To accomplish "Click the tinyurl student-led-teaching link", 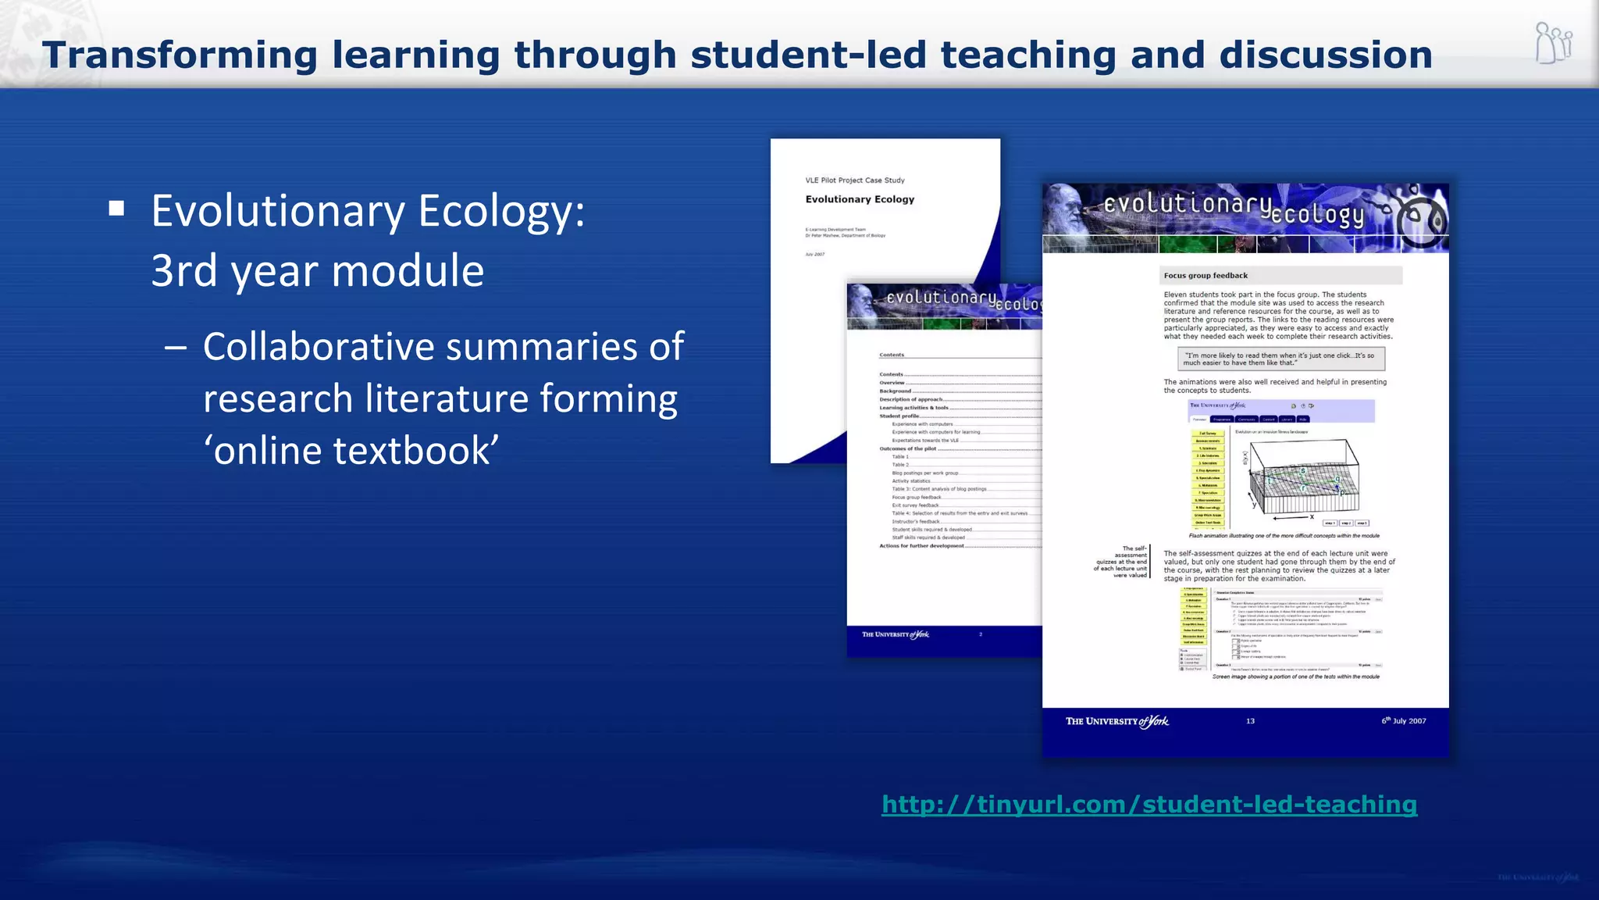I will coord(1149,804).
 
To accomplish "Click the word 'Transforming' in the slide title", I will coord(180,55).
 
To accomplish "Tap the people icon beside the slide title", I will coord(1553,44).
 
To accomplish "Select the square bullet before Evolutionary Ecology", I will coord(117,208).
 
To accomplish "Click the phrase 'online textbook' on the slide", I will coord(351,451).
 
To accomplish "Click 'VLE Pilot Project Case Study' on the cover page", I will coord(855,180).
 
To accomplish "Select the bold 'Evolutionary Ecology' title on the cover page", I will coord(860,199).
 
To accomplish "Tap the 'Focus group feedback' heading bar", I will coord(1280,276).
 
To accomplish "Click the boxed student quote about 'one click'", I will coord(1280,359).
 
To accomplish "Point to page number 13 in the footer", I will coord(1250,721).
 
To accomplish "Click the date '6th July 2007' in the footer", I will coord(1404,721).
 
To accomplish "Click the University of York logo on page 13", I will coord(1117,721).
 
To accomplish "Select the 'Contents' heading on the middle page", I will coord(892,355).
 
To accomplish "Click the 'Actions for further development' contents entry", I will coord(921,546).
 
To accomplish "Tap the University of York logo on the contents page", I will coord(896,634).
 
